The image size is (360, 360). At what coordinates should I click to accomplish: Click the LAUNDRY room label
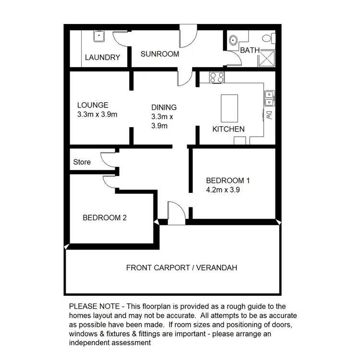coord(102,58)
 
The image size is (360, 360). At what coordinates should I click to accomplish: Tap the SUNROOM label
coord(160,54)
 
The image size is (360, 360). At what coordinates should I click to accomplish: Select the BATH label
coord(250,50)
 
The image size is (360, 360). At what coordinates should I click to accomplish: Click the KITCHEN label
coord(228,129)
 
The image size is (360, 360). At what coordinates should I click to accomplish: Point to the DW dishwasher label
coord(269,115)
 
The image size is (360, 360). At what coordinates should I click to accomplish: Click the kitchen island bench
coord(229,108)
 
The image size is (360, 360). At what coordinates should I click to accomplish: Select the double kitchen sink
coord(269,97)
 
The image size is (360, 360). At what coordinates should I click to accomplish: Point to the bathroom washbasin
coord(234,40)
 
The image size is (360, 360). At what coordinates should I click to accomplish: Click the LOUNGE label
coord(93,105)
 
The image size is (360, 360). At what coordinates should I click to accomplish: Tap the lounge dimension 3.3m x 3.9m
coord(97,115)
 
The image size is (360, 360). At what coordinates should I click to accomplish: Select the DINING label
coord(164,108)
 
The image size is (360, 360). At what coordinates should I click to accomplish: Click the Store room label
coord(82,162)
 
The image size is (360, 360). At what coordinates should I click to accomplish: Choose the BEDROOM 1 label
coord(228,180)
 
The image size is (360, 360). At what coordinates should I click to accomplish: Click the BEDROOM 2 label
coord(105,217)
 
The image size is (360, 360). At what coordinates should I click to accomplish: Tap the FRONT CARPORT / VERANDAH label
coord(182,267)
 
